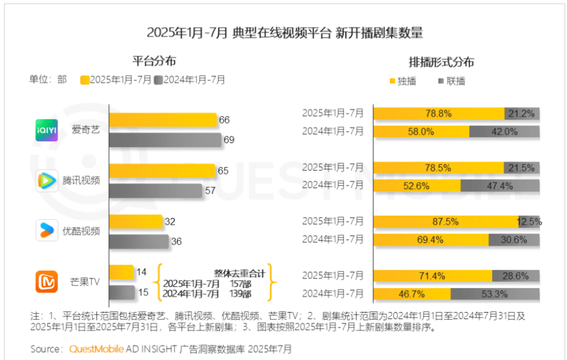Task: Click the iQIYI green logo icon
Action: (47, 129)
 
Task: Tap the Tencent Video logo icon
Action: (47, 180)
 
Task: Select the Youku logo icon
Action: (47, 231)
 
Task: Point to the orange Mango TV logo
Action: (47, 281)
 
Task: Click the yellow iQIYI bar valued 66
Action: (163, 120)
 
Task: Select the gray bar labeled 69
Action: (165, 140)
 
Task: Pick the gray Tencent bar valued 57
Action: (155, 191)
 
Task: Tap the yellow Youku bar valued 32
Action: (136, 222)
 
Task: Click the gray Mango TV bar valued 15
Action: (122, 292)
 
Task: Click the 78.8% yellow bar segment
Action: (439, 113)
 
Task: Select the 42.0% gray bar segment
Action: (505, 132)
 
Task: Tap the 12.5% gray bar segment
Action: (529, 222)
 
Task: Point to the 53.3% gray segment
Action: (495, 294)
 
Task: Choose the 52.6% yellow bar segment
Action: (417, 186)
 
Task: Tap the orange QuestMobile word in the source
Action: (96, 349)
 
